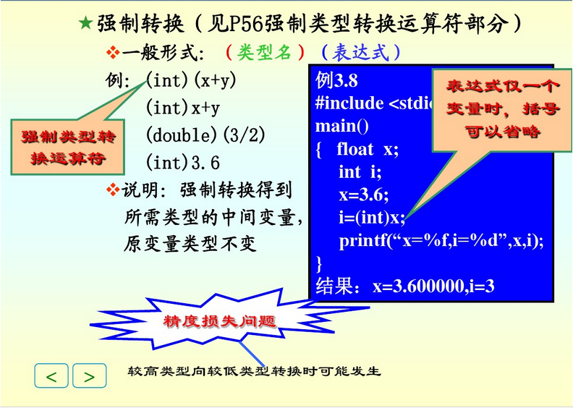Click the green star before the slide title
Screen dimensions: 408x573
(x=85, y=23)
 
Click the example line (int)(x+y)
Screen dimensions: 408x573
(x=190, y=80)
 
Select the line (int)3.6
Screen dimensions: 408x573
(x=182, y=161)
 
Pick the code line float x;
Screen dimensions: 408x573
(x=367, y=150)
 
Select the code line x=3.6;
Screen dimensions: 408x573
(x=364, y=195)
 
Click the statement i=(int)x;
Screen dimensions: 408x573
(x=372, y=217)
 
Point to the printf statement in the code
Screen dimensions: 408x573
(x=441, y=240)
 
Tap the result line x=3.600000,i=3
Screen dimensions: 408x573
(x=405, y=286)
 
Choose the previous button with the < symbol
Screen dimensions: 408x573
(x=51, y=376)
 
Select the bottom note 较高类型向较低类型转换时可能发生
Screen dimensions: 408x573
(x=254, y=372)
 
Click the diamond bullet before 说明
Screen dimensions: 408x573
(x=113, y=190)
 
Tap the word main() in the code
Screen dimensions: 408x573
(x=342, y=127)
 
